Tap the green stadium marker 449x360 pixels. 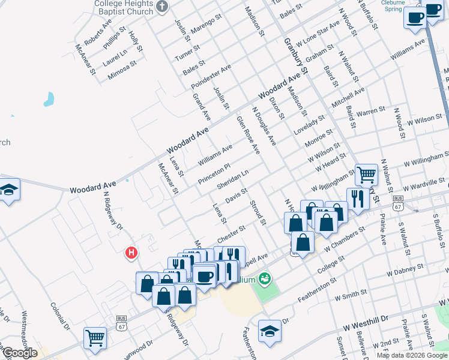264,278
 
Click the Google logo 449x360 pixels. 19,353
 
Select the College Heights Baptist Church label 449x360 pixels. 124,7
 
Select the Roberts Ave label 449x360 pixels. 98,35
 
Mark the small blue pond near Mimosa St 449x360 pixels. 49,100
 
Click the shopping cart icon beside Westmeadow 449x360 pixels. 95,337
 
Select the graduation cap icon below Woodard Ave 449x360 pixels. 9,190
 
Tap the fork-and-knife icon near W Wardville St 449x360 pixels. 358,198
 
